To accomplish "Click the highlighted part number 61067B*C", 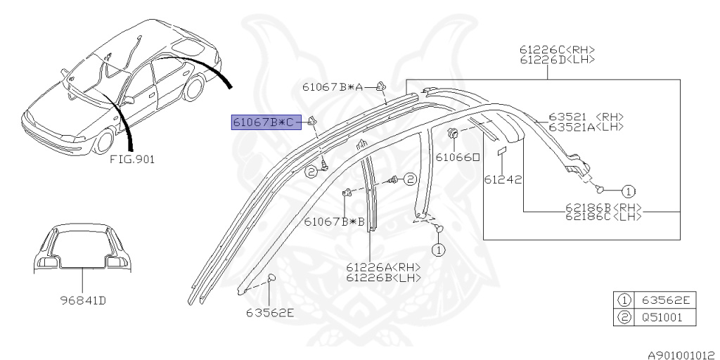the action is pyautogui.click(x=266, y=122).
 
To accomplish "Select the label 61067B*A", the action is pyautogui.click(x=333, y=87).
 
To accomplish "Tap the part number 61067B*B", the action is pyautogui.click(x=335, y=221).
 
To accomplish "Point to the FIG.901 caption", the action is pyautogui.click(x=132, y=160).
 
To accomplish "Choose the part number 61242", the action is pyautogui.click(x=503, y=179).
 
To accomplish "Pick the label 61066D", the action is pyautogui.click(x=458, y=157).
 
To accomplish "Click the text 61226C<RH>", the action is pyautogui.click(x=558, y=50).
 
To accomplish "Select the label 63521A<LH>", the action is pyautogui.click(x=586, y=127).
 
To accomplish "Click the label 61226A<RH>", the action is pyautogui.click(x=383, y=267).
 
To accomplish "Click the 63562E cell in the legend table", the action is pyautogui.click(x=664, y=301).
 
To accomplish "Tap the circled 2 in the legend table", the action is pyautogui.click(x=623, y=317).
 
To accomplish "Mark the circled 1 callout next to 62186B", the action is pyautogui.click(x=628, y=190).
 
